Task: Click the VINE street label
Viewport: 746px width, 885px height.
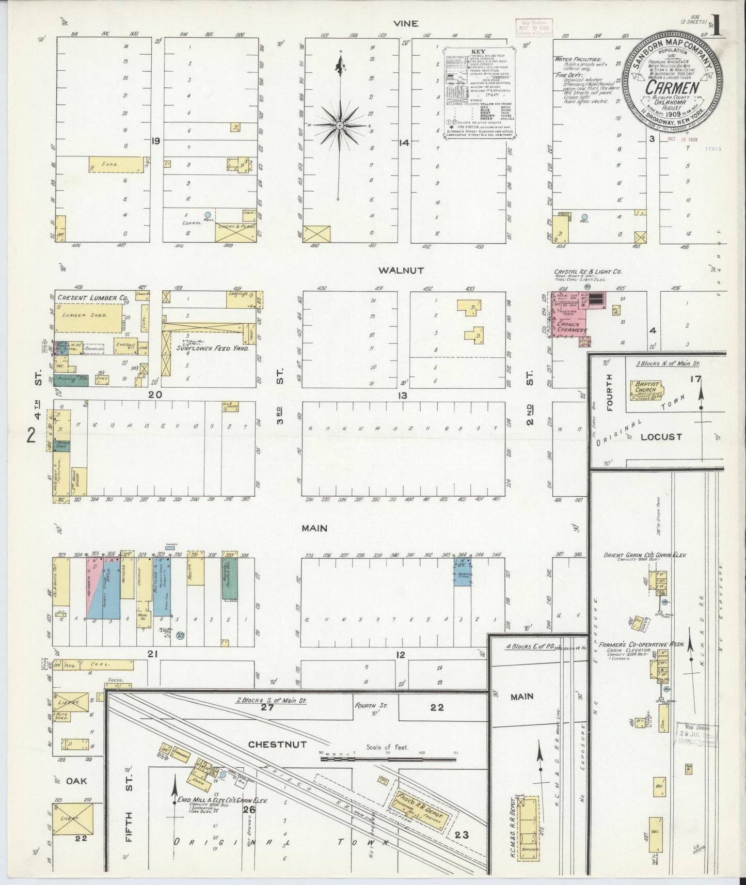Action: coord(405,24)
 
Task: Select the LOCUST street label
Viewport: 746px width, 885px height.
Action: coord(661,436)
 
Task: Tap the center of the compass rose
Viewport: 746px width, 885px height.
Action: coord(340,125)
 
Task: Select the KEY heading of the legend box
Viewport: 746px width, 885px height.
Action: coord(477,53)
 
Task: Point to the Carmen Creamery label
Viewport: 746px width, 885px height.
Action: coord(571,330)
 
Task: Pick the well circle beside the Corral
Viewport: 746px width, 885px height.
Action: coord(208,214)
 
